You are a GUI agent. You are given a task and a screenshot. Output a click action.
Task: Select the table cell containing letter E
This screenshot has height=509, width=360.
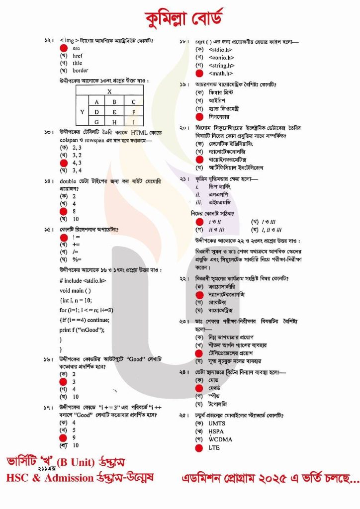point(114,112)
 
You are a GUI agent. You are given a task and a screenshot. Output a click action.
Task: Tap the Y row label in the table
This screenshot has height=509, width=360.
point(83,112)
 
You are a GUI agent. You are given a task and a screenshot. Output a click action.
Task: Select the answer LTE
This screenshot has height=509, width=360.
point(214,447)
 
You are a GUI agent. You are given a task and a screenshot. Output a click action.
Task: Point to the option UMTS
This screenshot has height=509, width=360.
point(216,424)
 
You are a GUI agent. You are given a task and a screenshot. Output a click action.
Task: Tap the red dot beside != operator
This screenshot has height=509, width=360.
point(63,238)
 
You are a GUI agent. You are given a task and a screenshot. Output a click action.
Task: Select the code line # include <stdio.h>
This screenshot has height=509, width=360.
point(83,280)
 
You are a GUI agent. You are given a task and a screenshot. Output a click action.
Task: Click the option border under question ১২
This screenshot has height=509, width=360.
point(80,71)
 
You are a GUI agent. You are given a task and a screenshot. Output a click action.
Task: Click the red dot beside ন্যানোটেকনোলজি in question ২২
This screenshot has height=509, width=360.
point(199,294)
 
